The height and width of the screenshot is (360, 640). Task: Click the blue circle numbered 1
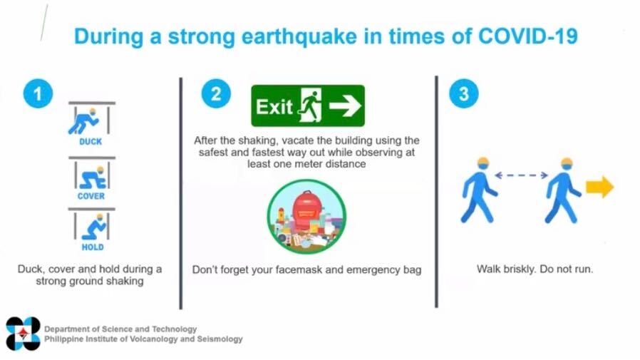click(x=38, y=94)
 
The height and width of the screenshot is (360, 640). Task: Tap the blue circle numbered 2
click(x=216, y=93)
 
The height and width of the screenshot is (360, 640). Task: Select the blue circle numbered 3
click(x=464, y=93)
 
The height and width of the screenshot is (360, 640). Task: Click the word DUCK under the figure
click(x=91, y=142)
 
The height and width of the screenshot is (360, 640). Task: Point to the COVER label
click(x=91, y=196)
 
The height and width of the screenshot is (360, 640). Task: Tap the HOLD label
click(x=93, y=247)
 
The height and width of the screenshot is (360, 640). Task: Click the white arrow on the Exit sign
click(x=346, y=106)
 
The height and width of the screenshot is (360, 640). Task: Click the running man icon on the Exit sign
click(x=310, y=106)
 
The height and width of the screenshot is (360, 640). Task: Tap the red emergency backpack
click(x=307, y=211)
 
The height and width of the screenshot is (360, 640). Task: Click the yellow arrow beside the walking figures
click(x=599, y=187)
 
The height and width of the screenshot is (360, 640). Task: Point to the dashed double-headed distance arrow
click(x=521, y=175)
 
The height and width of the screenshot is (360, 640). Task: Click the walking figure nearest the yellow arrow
click(x=563, y=190)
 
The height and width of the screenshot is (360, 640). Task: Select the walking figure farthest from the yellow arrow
click(x=479, y=190)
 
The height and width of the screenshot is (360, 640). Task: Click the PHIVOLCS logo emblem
click(x=24, y=334)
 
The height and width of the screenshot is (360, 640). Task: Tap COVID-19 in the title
click(x=528, y=36)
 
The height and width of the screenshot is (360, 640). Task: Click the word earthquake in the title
click(x=299, y=37)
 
